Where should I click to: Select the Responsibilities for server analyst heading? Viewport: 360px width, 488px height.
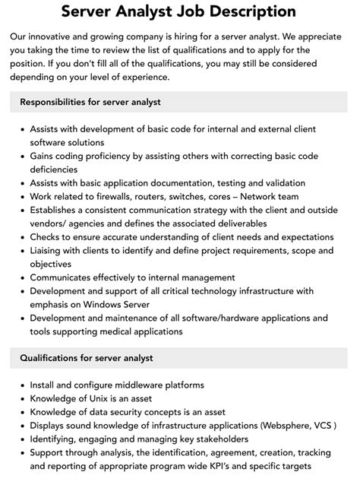pyautogui.click(x=90, y=102)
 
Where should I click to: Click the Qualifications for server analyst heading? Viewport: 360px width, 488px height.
pyautogui.click(x=87, y=357)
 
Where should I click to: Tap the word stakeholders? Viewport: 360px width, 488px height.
pyautogui.click(x=223, y=439)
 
